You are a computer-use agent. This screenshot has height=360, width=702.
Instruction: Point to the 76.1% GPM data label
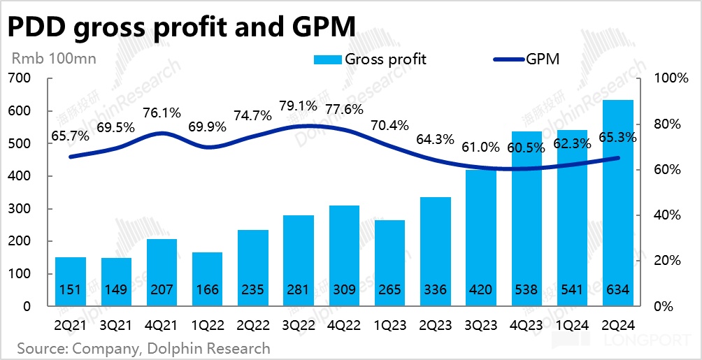tap(162, 113)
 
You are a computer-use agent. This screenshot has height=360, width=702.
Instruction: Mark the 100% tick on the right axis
tap(670, 78)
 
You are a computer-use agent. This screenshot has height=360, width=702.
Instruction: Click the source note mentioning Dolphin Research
tap(143, 347)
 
